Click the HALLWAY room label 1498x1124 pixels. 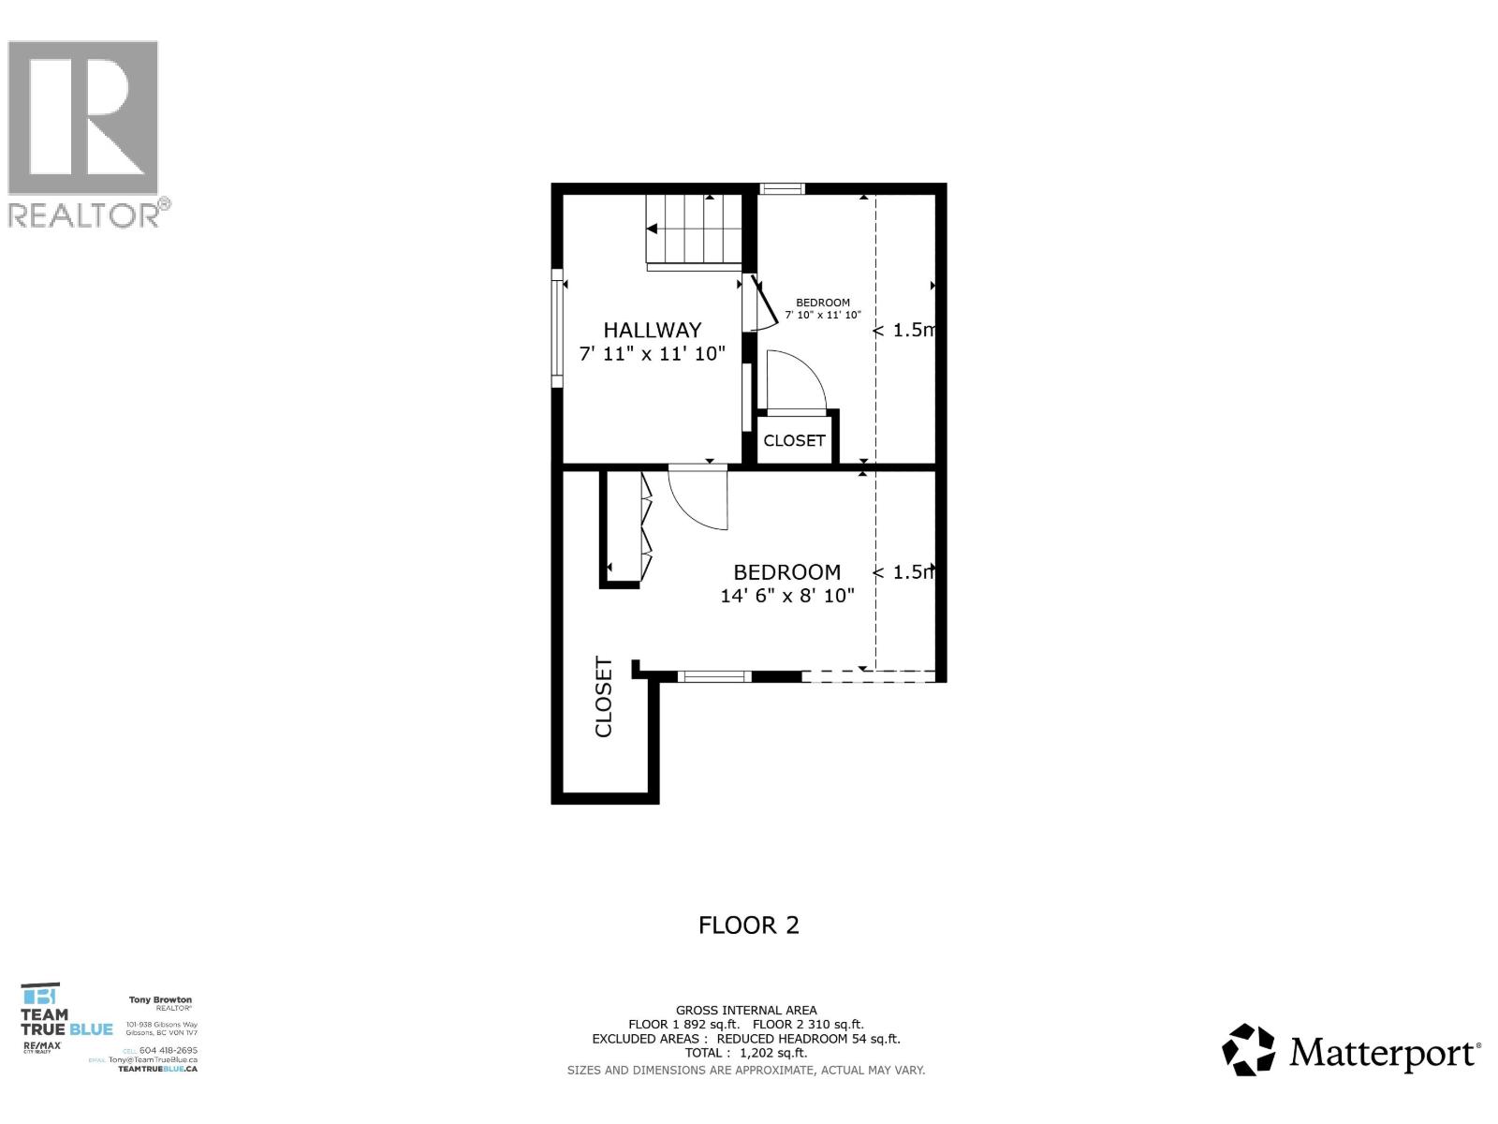(652, 330)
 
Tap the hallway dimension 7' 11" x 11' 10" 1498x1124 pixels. (652, 354)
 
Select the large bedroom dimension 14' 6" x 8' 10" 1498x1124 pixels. (786, 596)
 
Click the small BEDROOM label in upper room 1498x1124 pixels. (823, 303)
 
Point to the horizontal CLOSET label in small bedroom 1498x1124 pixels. (794, 440)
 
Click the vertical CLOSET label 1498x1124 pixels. (604, 697)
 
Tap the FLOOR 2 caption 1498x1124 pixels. (748, 925)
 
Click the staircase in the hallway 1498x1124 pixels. (694, 231)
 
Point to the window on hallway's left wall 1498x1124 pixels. (557, 328)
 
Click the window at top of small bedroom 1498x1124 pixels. (782, 189)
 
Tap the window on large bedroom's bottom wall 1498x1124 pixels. (714, 676)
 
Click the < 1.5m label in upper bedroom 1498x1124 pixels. (904, 330)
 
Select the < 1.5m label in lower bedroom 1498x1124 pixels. (904, 572)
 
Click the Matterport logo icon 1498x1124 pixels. (1249, 1050)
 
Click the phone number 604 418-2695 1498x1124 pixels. (168, 1050)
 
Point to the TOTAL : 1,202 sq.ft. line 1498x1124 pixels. (745, 1053)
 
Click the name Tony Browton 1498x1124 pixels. (160, 1000)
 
